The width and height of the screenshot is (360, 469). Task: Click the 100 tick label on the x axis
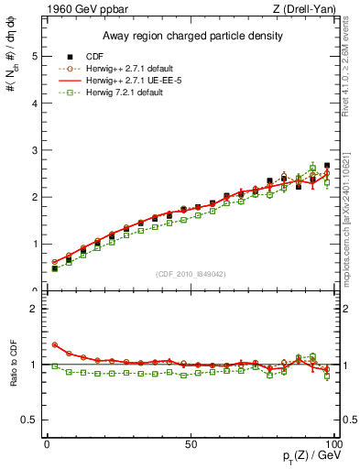[x=332, y=443]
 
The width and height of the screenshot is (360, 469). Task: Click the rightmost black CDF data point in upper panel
[x=327, y=166]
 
